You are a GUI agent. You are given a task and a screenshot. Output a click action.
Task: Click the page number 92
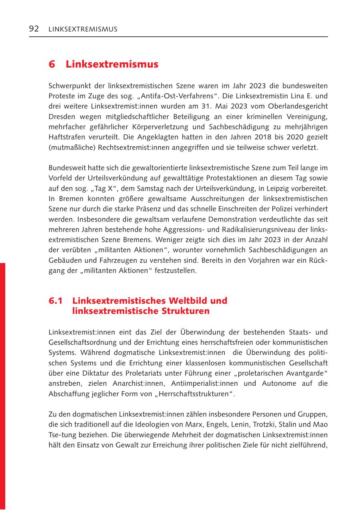(34, 29)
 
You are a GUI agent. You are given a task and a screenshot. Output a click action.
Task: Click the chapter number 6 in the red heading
(52, 64)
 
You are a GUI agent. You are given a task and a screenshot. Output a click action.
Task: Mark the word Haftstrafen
(64, 137)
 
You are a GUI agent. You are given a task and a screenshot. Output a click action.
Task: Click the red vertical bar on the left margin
(3, 384)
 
